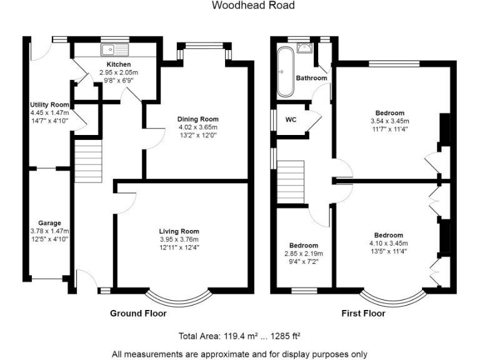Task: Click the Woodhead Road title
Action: coord(252,6)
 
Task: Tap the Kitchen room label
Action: coord(118,64)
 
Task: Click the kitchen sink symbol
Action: coord(114,49)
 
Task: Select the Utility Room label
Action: coord(49,104)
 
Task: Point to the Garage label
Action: coord(49,223)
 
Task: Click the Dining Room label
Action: coord(197,119)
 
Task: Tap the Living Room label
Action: coord(179,231)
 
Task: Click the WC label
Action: coord(291,120)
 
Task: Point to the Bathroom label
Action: coord(311,78)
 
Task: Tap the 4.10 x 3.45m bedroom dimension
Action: coord(388,244)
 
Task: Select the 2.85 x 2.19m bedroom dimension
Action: coord(303,254)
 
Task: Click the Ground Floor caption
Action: coord(137,313)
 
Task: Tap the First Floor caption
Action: coord(363,313)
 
